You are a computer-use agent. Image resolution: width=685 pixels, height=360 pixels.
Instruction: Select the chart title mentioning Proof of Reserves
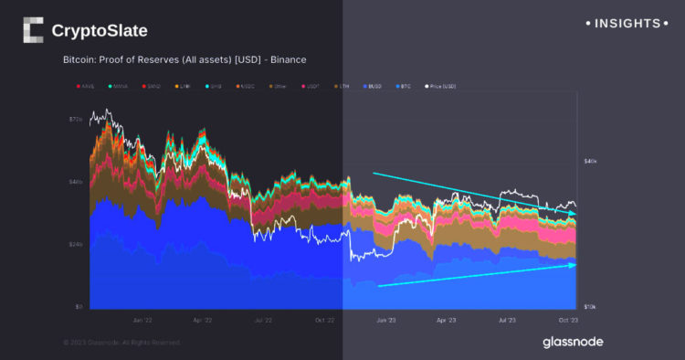tap(184, 59)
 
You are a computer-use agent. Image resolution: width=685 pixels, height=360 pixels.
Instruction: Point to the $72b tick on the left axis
tap(76, 120)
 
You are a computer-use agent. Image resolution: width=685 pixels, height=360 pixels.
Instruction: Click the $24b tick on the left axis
tap(76, 245)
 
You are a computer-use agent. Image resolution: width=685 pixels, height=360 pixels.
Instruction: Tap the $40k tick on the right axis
tap(591, 162)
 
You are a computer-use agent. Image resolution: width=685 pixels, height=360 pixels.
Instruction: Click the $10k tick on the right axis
tap(591, 307)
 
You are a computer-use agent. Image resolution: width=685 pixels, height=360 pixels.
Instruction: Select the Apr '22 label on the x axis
tap(202, 321)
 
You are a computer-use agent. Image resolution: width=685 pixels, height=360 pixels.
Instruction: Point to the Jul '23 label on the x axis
tap(506, 321)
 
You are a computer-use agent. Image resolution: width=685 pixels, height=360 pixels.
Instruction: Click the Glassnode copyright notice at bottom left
tap(121, 342)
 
